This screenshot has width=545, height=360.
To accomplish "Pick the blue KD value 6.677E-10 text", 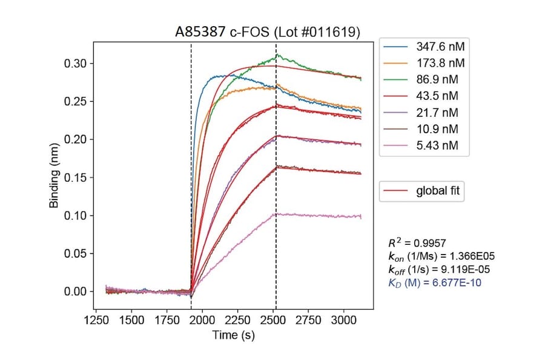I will point(434,282).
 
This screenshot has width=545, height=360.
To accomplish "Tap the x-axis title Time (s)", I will point(233,335).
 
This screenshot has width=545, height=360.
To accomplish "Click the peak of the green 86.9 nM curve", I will point(277,55).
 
